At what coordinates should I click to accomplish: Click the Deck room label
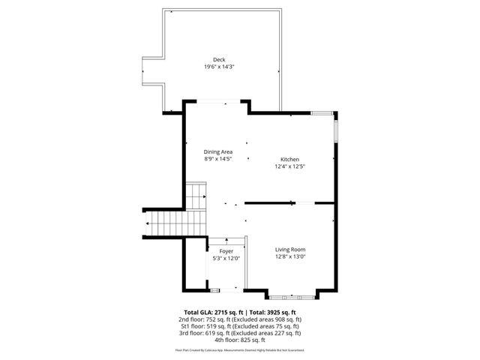(x=218, y=60)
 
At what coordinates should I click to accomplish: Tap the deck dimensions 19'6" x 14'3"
(x=218, y=67)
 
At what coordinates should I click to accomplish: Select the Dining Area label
(x=218, y=151)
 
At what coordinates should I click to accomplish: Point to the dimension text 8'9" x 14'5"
(x=218, y=158)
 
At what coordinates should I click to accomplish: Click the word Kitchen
(x=289, y=160)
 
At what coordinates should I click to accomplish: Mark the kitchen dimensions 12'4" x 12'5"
(x=289, y=166)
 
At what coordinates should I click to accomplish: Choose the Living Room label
(x=290, y=250)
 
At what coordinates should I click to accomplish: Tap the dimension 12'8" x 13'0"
(x=290, y=257)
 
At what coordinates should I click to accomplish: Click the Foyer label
(x=226, y=251)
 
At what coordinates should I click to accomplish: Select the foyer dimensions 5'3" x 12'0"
(x=226, y=259)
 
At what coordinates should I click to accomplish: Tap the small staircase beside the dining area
(x=195, y=196)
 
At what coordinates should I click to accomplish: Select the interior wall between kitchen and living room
(x=270, y=202)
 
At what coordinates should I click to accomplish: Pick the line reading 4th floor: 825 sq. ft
(x=240, y=340)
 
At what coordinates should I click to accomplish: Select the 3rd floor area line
(x=240, y=333)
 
